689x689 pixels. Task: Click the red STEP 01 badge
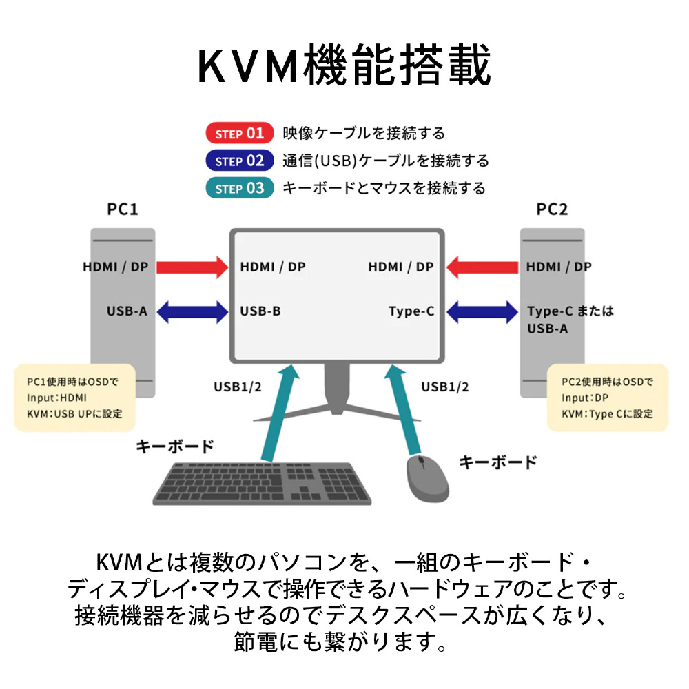point(240,133)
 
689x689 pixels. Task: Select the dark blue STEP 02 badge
point(240,161)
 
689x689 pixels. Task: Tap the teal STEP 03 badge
point(240,188)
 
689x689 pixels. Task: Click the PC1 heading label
point(123,209)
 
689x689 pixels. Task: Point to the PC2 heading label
point(552,209)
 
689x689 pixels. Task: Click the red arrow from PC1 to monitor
point(192,267)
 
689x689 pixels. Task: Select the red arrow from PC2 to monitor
point(482,267)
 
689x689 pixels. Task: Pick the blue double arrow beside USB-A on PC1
point(192,312)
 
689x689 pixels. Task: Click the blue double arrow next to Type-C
point(482,312)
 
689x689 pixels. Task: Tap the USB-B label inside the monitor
point(260,311)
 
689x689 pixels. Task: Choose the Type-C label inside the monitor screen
point(411,311)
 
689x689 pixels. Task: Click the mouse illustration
point(427,479)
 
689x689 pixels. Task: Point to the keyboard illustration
point(262,484)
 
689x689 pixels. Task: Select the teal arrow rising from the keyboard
point(280,413)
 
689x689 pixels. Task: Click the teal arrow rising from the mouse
point(403,409)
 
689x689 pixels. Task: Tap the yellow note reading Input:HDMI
point(74,398)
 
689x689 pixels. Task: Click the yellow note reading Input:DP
point(607,398)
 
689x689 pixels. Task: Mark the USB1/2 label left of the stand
point(237,387)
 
